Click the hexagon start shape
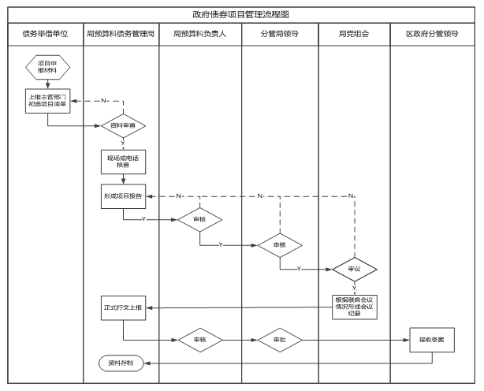point(47,67)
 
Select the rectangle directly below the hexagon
point(47,101)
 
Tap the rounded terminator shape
point(121,363)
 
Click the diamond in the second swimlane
point(124,126)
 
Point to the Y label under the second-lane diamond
point(123,143)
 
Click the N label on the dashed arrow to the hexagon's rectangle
point(103,101)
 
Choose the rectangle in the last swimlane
point(432,340)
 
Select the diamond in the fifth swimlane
point(355,270)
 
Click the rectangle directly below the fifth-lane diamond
point(355,307)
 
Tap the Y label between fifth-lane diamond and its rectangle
point(355,289)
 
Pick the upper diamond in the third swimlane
point(200,220)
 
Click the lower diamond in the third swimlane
point(201,340)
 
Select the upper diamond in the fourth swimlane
point(280,245)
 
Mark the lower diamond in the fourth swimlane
point(280,340)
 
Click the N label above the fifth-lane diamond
point(351,196)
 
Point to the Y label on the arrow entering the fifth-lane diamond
point(299,270)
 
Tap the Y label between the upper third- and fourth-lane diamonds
point(222,245)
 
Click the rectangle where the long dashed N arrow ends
point(123,196)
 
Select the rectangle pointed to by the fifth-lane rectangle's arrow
point(123,308)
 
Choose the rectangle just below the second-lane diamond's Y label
point(123,162)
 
